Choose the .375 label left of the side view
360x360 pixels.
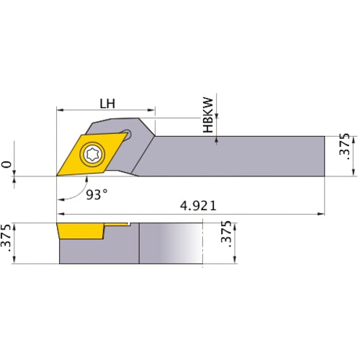[8, 243]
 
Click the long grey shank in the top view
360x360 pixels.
[238, 155]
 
